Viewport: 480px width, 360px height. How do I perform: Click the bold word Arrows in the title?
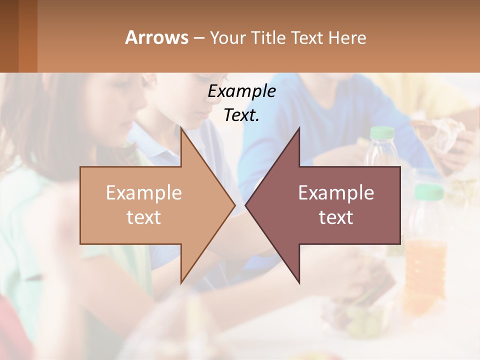[x=156, y=37]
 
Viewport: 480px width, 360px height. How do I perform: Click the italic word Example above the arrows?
[x=241, y=91]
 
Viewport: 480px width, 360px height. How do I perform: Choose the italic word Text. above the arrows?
[x=241, y=115]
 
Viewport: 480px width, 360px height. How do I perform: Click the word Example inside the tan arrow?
[x=144, y=193]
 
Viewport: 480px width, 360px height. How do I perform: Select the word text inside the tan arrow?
[x=144, y=217]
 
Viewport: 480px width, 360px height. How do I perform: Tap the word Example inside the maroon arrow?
[x=336, y=193]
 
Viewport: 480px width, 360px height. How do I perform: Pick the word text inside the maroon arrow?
[x=336, y=217]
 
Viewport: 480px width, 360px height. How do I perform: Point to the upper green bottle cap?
[x=382, y=132]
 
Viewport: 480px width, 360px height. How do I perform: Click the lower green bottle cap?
[x=429, y=191]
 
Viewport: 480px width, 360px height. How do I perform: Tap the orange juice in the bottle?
[x=425, y=265]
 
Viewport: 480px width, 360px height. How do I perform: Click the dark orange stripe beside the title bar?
[x=27, y=36]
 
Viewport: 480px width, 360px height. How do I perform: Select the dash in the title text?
[x=198, y=38]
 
